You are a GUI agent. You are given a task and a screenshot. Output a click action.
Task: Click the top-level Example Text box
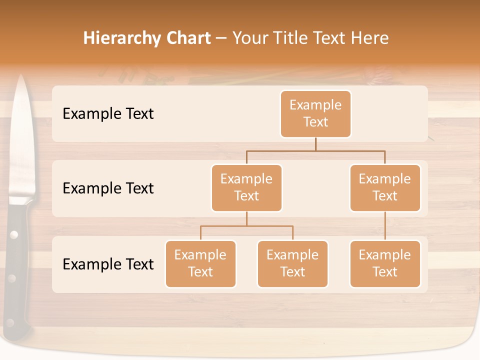point(315,114)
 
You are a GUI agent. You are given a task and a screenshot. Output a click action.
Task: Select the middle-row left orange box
point(246,188)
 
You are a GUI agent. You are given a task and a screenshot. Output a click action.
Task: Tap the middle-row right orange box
point(385,188)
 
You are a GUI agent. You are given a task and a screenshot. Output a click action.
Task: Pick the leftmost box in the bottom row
point(200,264)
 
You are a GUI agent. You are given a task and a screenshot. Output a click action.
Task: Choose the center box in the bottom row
point(292,264)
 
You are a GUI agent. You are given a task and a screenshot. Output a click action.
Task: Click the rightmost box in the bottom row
point(385,264)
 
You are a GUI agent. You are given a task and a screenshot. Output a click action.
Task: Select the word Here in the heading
point(369,38)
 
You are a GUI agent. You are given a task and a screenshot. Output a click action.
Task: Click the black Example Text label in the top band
point(108,114)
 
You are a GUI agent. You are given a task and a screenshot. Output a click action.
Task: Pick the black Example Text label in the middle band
point(108,188)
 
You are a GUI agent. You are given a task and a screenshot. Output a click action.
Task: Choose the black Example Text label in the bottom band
point(108,264)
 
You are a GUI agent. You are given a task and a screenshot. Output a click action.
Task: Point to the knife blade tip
point(21,78)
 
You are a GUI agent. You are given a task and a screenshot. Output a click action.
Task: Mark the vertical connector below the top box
point(315,144)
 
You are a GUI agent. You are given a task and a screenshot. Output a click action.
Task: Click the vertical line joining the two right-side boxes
point(385,226)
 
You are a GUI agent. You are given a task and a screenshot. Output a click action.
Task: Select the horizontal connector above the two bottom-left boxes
point(246,226)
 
